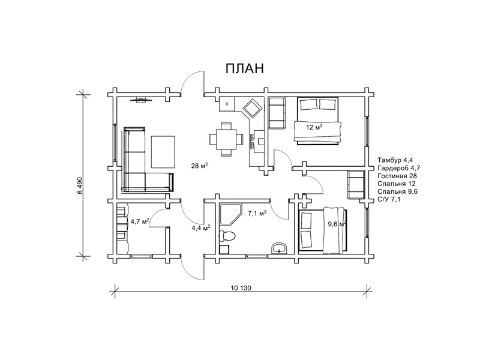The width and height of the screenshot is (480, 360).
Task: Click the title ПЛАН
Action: (244, 68)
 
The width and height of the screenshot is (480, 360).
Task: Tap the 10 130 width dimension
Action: (241, 288)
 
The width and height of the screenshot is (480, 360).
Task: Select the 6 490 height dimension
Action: (80, 185)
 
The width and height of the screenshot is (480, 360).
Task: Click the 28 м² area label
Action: (200, 166)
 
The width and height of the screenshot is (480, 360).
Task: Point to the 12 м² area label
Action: (314, 127)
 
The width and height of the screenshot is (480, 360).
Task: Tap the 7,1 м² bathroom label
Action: (257, 213)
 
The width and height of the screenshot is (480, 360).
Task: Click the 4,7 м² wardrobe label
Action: (140, 221)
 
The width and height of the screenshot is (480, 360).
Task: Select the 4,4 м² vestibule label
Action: (201, 227)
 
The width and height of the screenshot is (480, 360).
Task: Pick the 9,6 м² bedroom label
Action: (337, 224)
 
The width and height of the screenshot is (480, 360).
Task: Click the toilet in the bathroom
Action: (227, 236)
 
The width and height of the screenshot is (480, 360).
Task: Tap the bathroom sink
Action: (279, 248)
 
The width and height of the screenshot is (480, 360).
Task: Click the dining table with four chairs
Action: (226, 139)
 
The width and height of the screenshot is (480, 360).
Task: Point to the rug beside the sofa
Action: (163, 152)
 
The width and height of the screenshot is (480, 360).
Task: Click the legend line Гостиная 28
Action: (397, 176)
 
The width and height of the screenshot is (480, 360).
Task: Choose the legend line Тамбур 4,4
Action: (395, 160)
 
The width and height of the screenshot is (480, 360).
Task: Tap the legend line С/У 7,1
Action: (393, 199)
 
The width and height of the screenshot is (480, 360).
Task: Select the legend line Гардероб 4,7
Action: (398, 168)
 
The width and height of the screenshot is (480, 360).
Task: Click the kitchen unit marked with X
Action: (227, 104)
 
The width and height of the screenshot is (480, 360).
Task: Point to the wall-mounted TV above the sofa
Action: (141, 100)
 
